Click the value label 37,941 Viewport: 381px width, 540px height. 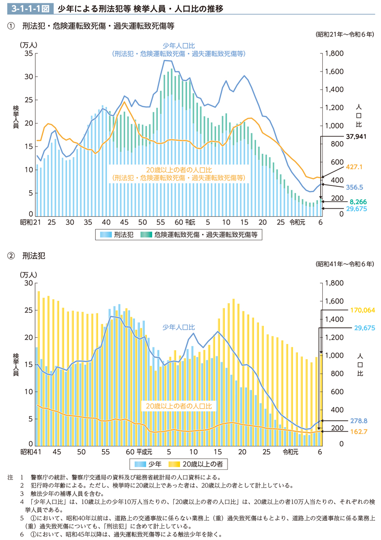(x=356, y=136)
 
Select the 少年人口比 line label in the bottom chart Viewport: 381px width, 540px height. (x=178, y=327)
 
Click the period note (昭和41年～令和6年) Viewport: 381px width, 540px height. (x=344, y=264)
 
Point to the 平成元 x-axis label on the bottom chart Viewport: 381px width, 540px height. (x=144, y=452)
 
